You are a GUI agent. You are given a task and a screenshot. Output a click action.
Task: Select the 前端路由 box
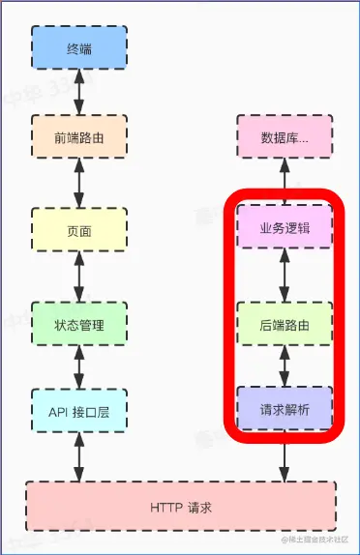click(79, 138)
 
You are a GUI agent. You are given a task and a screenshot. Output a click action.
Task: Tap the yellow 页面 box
click(79, 231)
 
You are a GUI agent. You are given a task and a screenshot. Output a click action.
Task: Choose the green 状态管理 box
click(79, 324)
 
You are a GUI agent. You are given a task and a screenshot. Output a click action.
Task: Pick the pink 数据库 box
click(285, 138)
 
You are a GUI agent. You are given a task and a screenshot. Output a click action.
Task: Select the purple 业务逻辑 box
click(285, 231)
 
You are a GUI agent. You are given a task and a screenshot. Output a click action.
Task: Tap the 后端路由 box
click(285, 324)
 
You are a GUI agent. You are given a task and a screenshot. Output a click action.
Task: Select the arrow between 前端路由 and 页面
click(79, 185)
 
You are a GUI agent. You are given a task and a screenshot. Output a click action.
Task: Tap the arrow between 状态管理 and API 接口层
click(79, 368)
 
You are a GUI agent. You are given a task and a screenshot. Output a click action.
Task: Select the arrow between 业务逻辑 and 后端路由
click(285, 278)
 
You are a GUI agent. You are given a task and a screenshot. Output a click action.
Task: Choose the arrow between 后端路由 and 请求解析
click(285, 367)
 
